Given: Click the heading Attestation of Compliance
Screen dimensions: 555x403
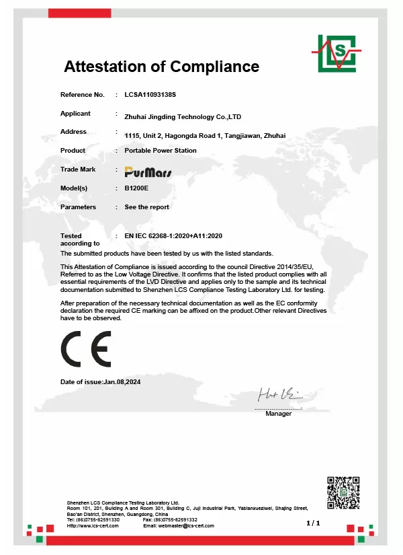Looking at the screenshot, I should point(161,67).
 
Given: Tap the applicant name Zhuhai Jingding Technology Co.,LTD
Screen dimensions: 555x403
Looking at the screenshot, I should point(183,116).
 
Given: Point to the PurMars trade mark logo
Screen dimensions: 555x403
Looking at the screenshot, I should point(148,171).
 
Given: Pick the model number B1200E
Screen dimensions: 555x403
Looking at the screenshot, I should point(136,188).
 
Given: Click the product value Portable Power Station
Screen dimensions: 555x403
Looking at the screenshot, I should point(161,151).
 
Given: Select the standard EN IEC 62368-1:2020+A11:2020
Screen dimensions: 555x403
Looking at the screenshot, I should point(173,236).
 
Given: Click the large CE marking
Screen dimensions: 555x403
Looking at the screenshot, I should point(85,348).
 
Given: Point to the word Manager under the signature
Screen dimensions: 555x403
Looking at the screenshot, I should point(278,414).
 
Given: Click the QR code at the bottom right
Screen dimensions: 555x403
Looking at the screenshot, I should point(344,492).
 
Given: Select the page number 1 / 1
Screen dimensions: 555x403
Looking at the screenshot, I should point(313,522).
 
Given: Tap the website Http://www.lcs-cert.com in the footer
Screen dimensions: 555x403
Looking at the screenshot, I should point(93,525).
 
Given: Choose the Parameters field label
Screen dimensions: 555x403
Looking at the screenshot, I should point(78,207).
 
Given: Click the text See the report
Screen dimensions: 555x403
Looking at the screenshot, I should point(147,207).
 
